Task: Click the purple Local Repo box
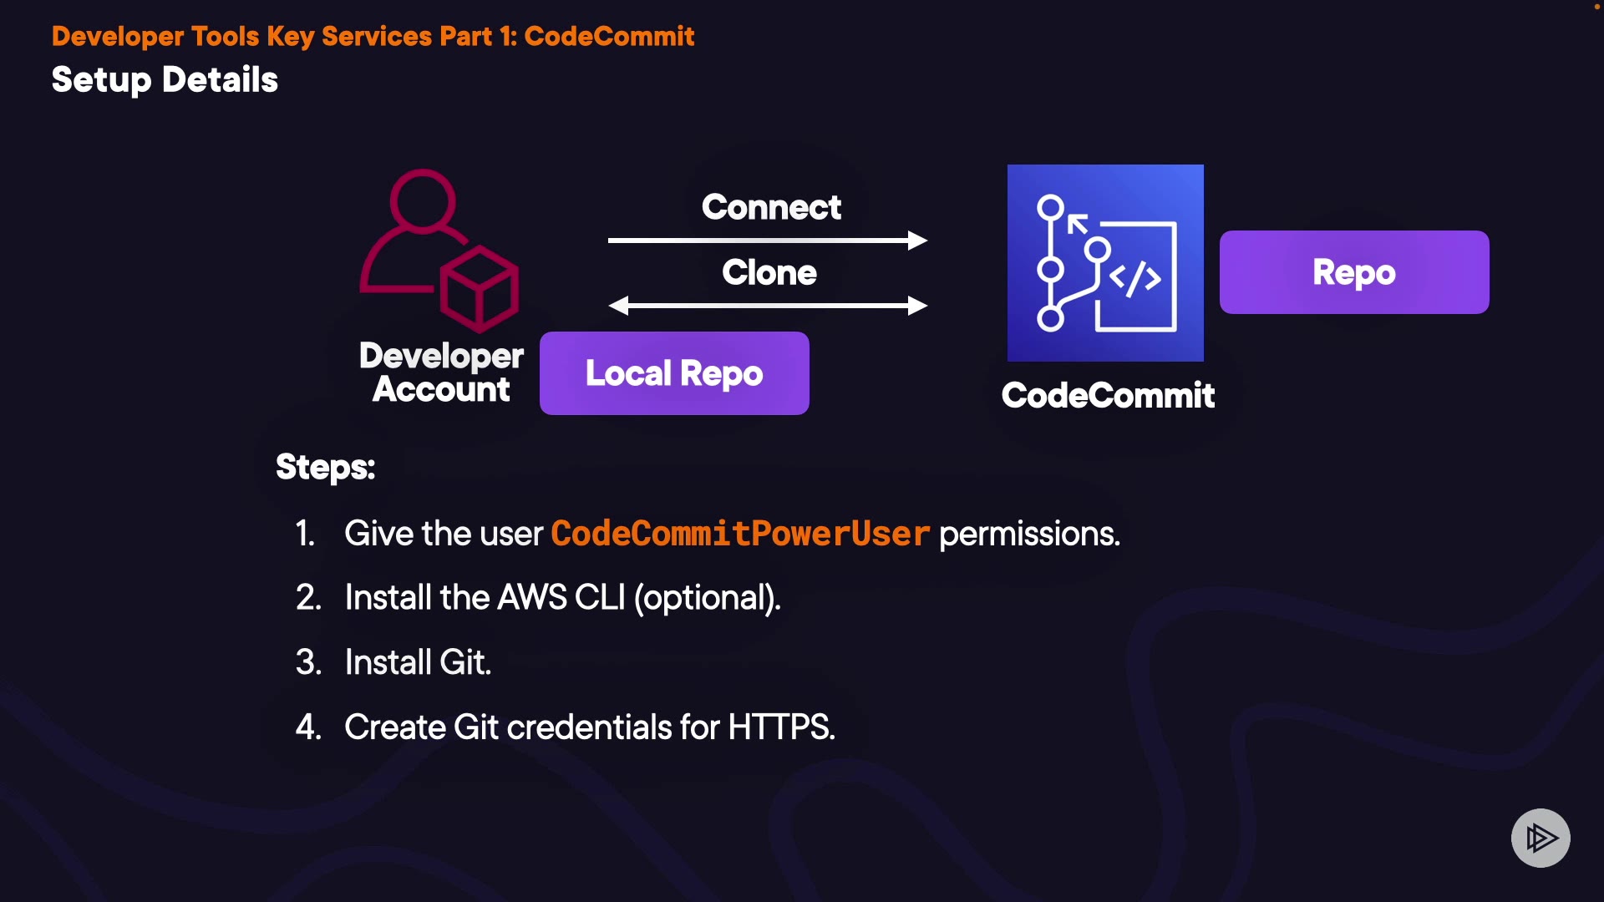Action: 674,373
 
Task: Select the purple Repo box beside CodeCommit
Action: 1354,272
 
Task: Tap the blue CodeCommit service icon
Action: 1105,263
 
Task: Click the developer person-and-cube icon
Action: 439,250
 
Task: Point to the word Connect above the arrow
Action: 771,207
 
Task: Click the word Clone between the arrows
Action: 769,272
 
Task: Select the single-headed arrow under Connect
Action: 768,241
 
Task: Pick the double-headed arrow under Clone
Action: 768,306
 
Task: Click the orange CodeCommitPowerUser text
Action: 740,534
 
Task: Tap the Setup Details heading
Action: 165,80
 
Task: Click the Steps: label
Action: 326,467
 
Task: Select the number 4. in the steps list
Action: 308,727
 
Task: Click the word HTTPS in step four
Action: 782,727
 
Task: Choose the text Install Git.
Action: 418,662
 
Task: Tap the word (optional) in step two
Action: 707,598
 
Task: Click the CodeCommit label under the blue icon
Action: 1108,395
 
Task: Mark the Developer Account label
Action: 442,372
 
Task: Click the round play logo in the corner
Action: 1541,838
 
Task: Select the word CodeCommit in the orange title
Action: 609,36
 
